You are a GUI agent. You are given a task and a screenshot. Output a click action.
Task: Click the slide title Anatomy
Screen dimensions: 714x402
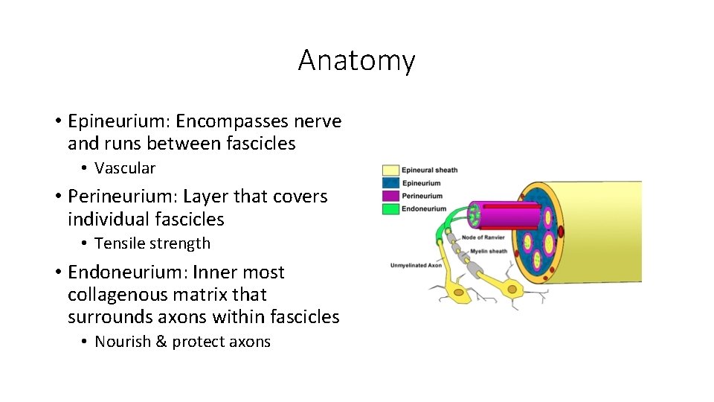point(356,60)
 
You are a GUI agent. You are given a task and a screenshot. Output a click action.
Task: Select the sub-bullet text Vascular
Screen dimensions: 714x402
point(125,168)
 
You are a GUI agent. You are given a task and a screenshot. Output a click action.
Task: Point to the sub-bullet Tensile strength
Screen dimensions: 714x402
point(152,243)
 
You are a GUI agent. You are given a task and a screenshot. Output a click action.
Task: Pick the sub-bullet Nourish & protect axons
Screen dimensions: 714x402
point(182,342)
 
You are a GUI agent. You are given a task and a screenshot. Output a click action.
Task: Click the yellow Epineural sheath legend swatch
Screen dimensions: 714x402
point(390,170)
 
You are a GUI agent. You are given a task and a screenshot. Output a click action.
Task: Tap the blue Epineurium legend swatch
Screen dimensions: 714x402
point(390,183)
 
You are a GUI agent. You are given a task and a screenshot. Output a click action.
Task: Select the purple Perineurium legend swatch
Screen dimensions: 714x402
point(390,197)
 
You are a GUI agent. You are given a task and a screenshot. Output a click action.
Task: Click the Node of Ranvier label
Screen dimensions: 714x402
point(483,237)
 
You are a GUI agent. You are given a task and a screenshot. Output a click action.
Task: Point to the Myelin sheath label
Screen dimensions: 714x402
point(488,252)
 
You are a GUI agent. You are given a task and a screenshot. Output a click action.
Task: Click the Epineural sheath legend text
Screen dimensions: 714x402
point(430,170)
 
